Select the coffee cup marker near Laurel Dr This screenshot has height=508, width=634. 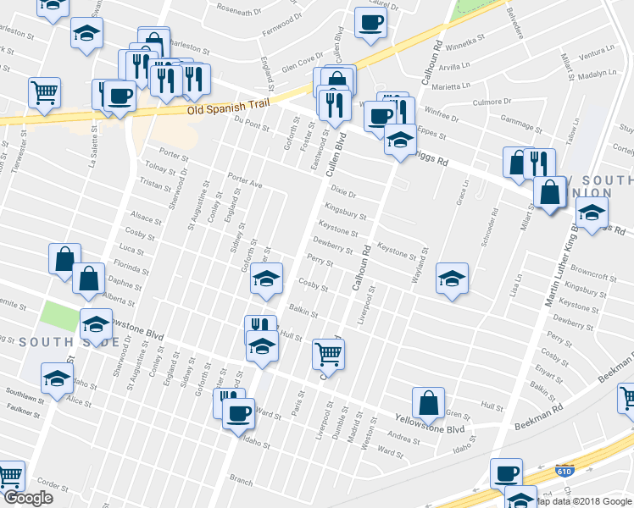pos(370,22)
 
